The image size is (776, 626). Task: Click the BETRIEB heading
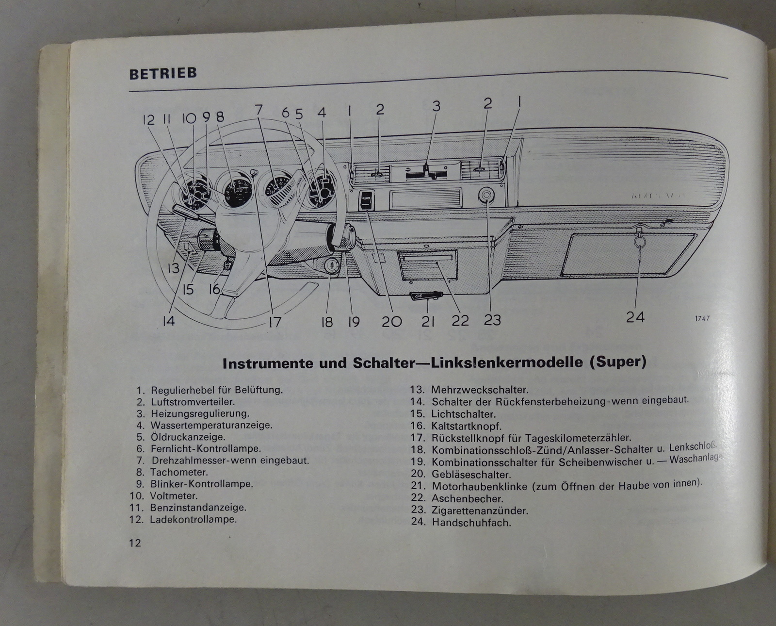tap(163, 73)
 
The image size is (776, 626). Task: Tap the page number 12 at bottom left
tap(135, 543)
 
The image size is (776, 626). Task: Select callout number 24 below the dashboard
tap(635, 317)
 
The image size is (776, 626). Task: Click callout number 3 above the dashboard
tap(436, 107)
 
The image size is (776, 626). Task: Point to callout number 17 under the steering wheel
tap(275, 321)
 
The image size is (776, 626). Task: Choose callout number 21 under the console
tap(428, 321)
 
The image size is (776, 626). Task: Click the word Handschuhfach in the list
tap(471, 523)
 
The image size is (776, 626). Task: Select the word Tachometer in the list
tap(179, 472)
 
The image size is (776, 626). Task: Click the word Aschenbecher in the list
tap(468, 498)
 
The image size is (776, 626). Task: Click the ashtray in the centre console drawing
tap(427, 264)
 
